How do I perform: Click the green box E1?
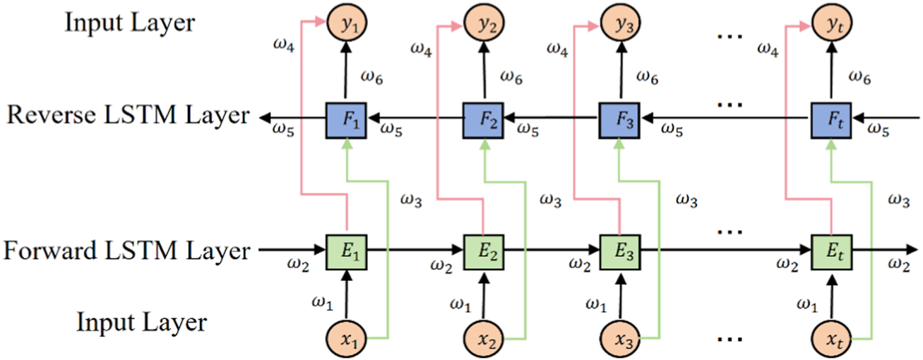coord(346,249)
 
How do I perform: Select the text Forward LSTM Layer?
coord(127,251)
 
